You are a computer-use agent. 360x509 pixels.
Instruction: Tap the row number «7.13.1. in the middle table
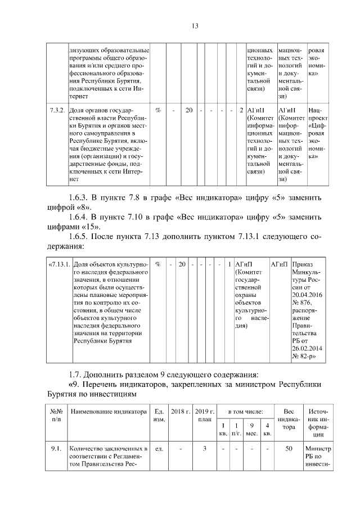click(60, 264)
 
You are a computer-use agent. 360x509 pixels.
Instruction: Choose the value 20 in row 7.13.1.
click(182, 264)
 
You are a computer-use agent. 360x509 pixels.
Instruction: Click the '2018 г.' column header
click(181, 412)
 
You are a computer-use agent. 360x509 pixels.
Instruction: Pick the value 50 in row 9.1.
click(289, 449)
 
